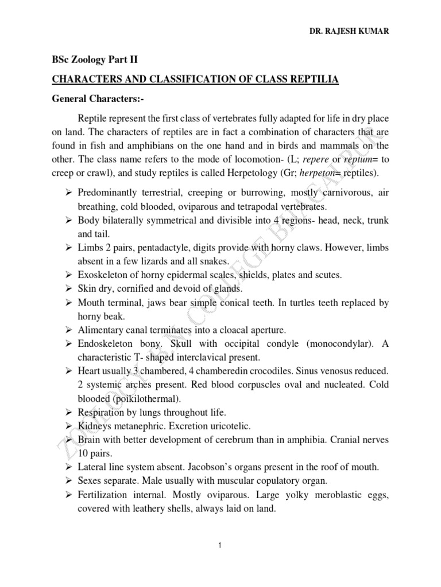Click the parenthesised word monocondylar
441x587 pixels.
pyautogui.click(x=330, y=343)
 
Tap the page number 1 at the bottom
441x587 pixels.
pyautogui.click(x=220, y=545)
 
